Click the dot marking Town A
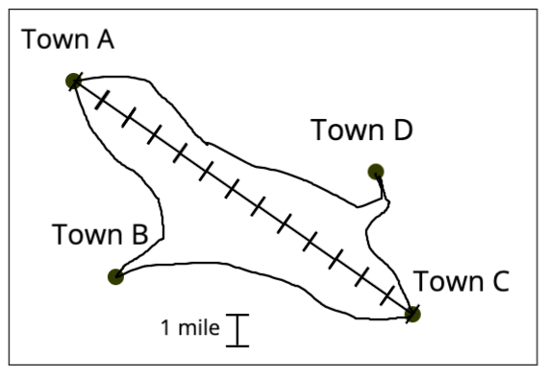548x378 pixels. tap(72, 81)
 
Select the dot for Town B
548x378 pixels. tap(115, 277)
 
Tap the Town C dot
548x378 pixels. tap(412, 313)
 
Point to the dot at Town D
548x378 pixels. tap(376, 172)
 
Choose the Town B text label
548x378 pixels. tap(100, 234)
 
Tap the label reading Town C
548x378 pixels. tap(461, 282)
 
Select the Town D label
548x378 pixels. tap(361, 130)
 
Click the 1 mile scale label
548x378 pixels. tap(189, 328)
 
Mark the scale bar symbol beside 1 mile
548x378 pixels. tap(237, 329)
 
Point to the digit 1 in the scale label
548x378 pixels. tap(165, 328)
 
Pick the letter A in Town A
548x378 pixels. tap(103, 39)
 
